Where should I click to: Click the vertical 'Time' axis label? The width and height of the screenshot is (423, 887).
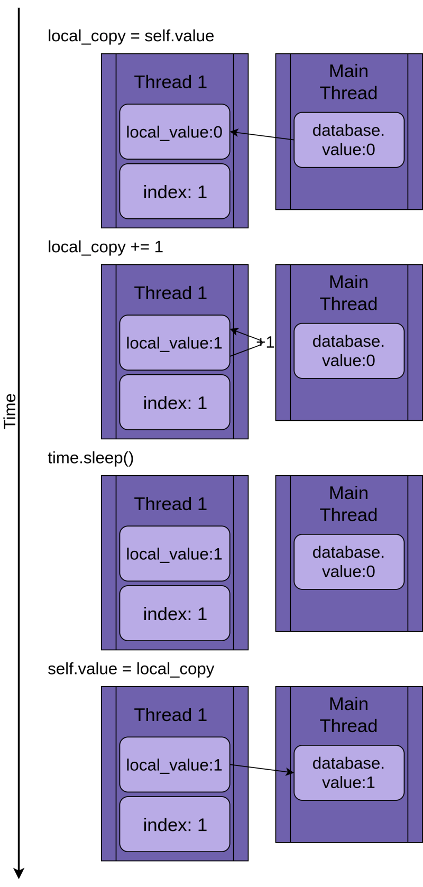10,411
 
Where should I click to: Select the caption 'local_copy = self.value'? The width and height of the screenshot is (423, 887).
131,36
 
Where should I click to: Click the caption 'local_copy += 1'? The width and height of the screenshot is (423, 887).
105,247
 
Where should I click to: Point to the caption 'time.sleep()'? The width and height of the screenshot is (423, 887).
90,458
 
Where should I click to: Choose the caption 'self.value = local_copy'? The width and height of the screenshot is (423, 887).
131,669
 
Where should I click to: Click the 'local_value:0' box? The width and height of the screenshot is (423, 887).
174,132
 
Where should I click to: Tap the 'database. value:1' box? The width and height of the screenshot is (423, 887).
349,773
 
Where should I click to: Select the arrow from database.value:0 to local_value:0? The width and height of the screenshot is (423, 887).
262,136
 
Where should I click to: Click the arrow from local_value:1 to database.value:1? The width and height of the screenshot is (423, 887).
262,769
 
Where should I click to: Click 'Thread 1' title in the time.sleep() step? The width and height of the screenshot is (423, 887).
170,504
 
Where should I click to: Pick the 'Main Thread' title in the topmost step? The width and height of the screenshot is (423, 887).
348,82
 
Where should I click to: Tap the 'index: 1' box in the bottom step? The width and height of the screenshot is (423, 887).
174,825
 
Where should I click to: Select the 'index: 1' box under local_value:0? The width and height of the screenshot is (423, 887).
174,191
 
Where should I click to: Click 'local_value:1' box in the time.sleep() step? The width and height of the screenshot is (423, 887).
174,553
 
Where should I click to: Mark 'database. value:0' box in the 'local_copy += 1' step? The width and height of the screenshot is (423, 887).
349,351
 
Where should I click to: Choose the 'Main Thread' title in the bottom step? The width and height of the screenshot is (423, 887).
348,715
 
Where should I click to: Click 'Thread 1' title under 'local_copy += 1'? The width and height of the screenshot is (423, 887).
170,293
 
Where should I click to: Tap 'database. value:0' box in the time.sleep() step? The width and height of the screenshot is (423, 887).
349,562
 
